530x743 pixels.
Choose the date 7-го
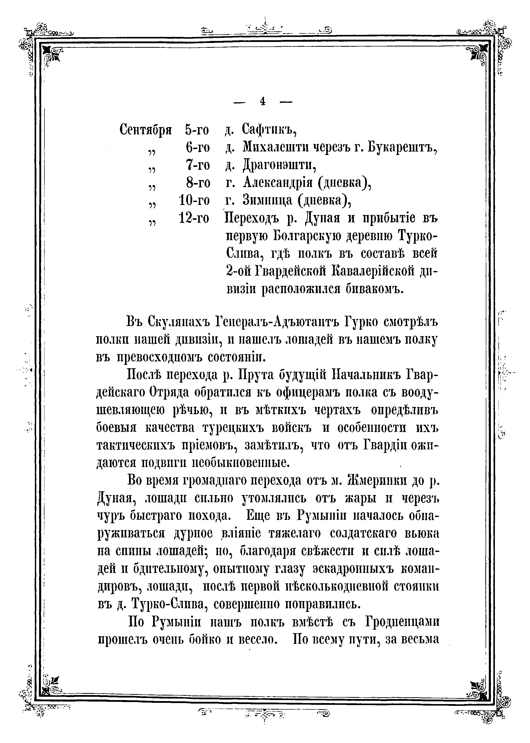pos(198,165)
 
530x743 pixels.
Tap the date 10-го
pos(194,200)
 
